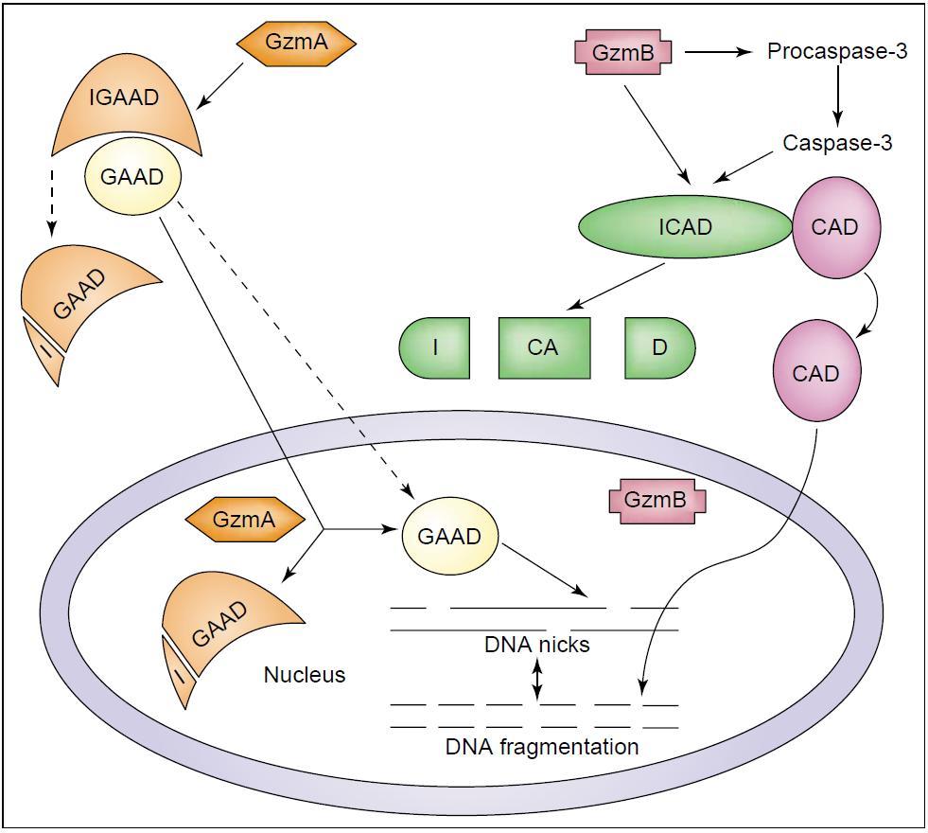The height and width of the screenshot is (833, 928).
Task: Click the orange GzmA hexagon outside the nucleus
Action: click(296, 42)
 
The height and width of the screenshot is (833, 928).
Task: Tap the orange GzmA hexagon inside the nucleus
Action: click(244, 518)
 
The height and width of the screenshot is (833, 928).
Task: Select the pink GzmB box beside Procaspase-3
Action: click(623, 52)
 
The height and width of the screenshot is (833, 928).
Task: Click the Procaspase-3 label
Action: click(837, 51)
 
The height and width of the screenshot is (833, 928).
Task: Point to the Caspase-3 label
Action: click(837, 144)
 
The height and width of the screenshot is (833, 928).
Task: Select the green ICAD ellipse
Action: click(685, 227)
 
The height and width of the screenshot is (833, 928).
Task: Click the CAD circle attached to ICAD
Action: click(835, 227)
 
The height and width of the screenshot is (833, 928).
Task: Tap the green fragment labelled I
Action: click(434, 347)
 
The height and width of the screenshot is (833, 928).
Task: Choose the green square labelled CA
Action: click(543, 347)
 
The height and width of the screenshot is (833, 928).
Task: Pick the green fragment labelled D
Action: click(659, 347)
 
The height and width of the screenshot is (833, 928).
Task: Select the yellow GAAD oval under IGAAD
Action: click(132, 176)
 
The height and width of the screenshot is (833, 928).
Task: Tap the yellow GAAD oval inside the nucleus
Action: click(449, 536)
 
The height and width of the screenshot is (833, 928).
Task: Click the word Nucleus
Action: click(305, 675)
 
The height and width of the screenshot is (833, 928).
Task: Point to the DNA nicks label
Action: click(536, 645)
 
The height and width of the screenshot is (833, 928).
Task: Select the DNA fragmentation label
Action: click(542, 747)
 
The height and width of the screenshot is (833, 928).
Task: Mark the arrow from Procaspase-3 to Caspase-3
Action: click(837, 97)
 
